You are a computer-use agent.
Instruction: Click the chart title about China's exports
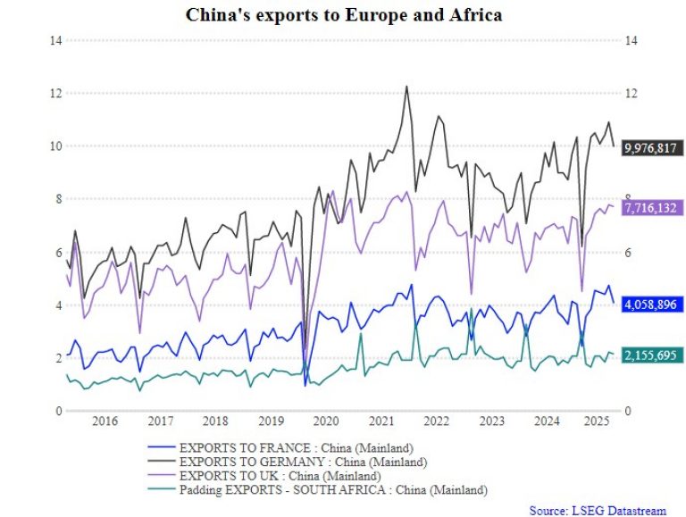coord(343,15)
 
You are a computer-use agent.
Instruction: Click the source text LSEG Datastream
coord(597,510)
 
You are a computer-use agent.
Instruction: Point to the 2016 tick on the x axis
coord(105,421)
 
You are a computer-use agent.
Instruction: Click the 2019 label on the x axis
coord(271,421)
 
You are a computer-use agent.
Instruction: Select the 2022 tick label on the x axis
coord(436,421)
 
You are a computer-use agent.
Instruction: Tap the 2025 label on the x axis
coord(601,421)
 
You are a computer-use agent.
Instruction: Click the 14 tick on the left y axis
coord(55,41)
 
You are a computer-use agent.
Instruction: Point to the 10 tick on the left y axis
coord(55,146)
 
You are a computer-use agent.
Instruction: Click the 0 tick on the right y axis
coord(628,411)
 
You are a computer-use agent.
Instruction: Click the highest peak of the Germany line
coord(406,87)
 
